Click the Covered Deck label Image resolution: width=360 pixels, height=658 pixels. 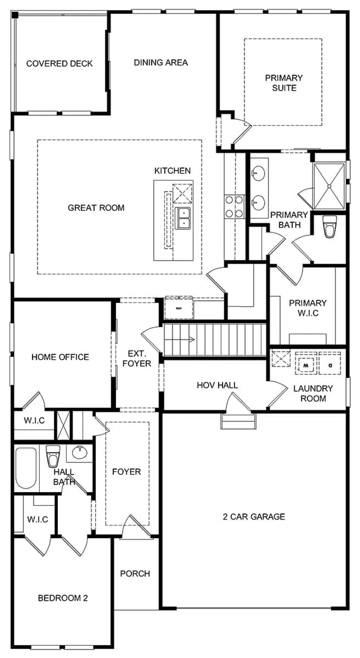point(59,64)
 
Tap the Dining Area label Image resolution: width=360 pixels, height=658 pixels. point(161,62)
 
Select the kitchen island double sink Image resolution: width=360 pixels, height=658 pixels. point(183,218)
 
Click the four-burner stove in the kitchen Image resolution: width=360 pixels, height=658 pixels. point(234,207)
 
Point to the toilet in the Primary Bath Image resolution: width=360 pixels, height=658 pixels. point(330,227)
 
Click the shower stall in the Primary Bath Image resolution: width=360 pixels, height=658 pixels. point(329,186)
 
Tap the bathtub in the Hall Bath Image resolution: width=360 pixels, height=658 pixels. point(26,468)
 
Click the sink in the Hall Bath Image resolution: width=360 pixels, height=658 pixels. point(79,452)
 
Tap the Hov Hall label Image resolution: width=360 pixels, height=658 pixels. point(217,385)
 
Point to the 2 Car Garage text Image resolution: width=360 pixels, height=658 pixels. point(254,517)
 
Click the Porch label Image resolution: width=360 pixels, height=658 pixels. point(135,574)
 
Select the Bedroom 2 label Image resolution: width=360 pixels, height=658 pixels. point(63,598)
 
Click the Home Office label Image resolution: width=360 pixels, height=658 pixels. point(60,357)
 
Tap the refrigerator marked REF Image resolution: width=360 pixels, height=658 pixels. point(179,308)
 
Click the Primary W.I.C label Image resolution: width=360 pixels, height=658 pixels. point(308,307)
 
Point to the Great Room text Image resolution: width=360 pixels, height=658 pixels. point(96,207)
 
